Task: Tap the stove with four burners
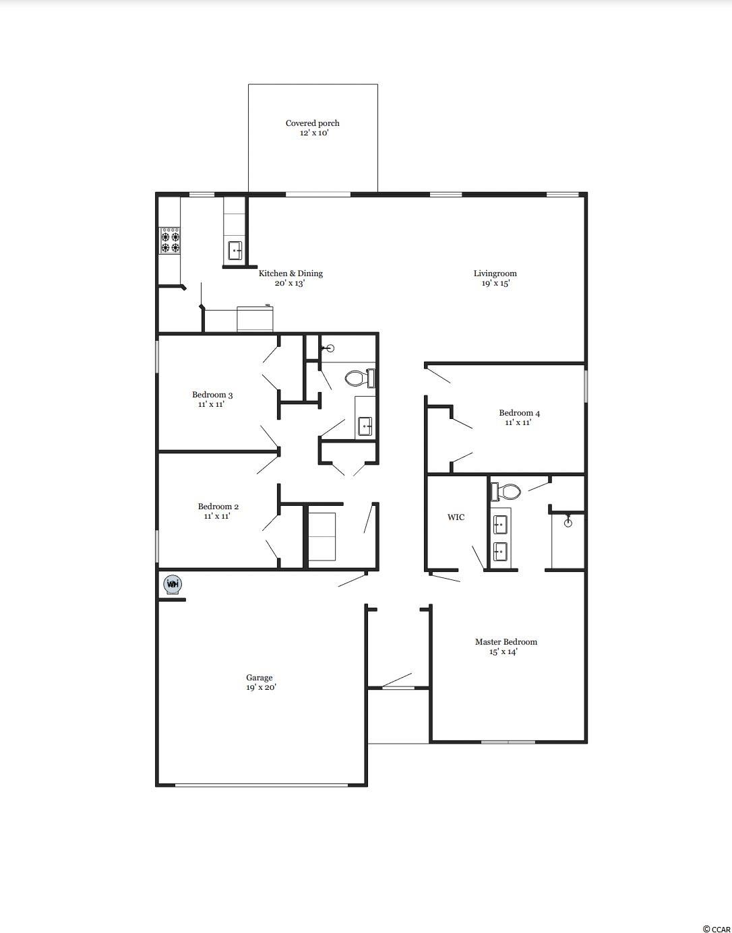point(170,241)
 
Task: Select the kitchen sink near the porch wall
point(235,251)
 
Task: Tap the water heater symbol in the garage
point(173,584)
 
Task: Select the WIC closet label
point(456,517)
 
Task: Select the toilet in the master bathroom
point(505,491)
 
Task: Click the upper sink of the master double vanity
point(500,524)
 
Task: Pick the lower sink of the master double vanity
point(500,551)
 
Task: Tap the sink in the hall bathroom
point(365,426)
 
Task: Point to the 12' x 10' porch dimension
point(314,133)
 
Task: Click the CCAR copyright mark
point(716,926)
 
